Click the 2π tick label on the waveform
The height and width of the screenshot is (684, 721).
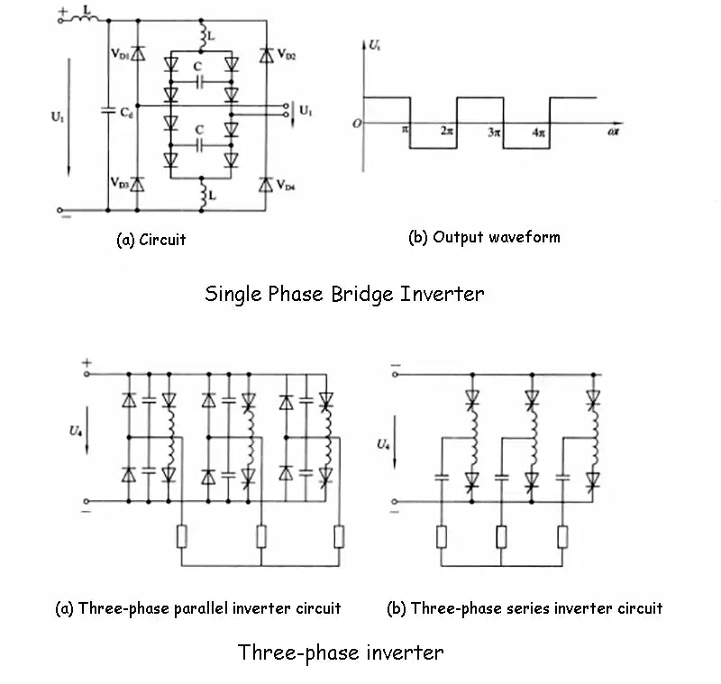pyautogui.click(x=447, y=131)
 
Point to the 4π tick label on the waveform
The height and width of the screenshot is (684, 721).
pyautogui.click(x=539, y=132)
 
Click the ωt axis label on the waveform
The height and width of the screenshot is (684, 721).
pyautogui.click(x=613, y=132)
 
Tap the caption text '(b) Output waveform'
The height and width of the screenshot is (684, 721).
pyautogui.click(x=484, y=238)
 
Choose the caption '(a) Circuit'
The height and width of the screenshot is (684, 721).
pyautogui.click(x=151, y=240)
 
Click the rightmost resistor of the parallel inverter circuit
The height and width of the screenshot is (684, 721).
pyautogui.click(x=339, y=538)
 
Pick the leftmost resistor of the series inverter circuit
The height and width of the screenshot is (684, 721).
pyautogui.click(x=442, y=538)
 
